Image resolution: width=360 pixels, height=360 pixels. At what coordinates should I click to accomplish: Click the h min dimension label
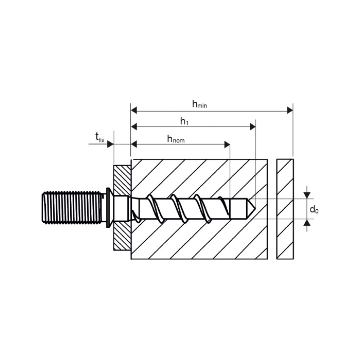199,104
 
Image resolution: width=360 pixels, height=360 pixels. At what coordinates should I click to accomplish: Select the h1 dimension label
184,121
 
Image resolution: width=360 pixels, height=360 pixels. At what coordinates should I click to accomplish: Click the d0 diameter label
314,209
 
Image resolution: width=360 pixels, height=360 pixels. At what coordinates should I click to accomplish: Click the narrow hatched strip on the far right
285,209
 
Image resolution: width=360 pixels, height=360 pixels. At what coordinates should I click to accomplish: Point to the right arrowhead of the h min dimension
289,110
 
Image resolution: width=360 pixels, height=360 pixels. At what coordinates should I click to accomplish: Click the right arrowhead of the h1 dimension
252,127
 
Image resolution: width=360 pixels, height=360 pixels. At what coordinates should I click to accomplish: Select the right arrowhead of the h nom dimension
227,144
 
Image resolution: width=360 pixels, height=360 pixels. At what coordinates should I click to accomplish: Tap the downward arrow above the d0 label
306,195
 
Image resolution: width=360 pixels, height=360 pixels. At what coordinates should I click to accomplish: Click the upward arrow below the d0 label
306,222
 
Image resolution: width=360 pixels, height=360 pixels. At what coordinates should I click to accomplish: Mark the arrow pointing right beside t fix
110,144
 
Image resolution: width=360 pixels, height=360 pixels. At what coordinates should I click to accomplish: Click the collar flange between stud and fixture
108,207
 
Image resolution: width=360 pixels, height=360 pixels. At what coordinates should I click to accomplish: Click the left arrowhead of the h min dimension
134,110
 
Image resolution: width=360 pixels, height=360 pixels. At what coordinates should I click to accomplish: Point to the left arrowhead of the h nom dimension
134,144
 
